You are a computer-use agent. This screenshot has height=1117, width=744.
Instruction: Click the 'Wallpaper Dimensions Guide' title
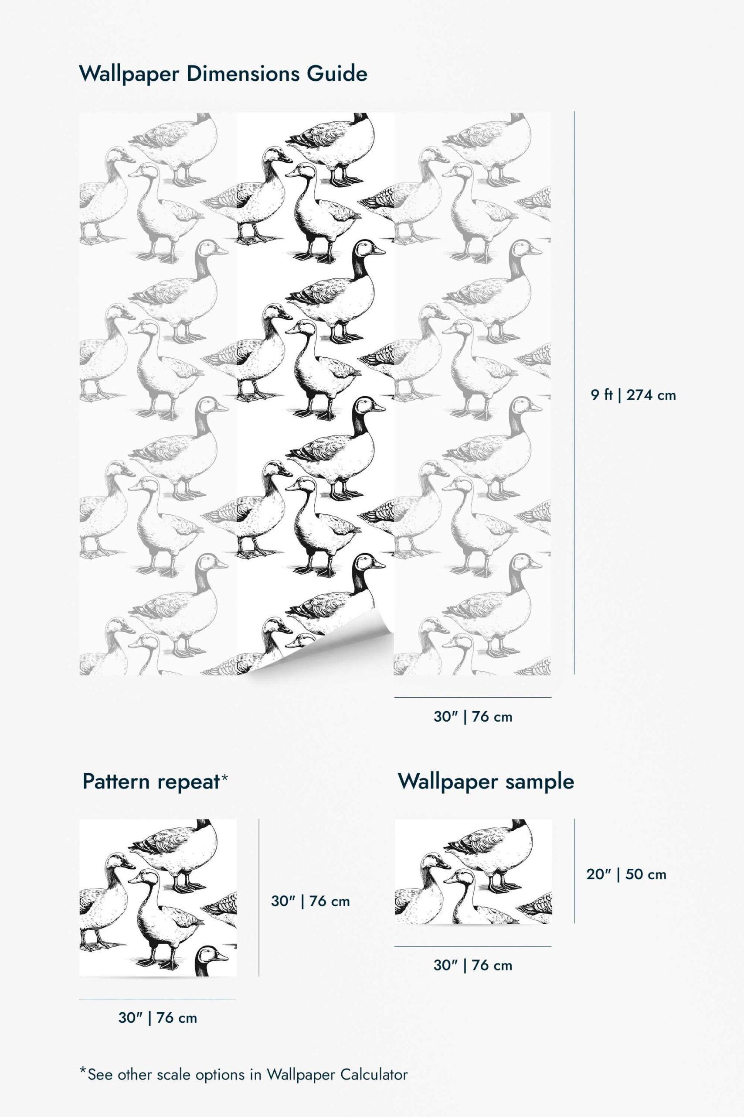[223, 75]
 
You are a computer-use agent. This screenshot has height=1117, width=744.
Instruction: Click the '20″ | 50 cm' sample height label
[626, 874]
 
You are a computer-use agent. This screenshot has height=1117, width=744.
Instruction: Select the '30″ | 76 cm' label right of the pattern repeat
[310, 901]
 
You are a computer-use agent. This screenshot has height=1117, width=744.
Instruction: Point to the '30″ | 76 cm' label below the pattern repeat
[157, 1018]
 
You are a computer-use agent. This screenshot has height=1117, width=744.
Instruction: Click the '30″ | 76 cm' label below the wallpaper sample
[473, 965]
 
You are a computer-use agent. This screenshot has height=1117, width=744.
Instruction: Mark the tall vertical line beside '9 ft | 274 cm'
[574, 393]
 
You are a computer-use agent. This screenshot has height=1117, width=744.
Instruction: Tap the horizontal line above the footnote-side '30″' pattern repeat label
[157, 999]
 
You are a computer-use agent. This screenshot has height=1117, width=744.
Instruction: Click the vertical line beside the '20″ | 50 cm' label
[574, 870]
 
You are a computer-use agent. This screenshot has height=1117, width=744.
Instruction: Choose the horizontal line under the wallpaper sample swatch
[473, 946]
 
